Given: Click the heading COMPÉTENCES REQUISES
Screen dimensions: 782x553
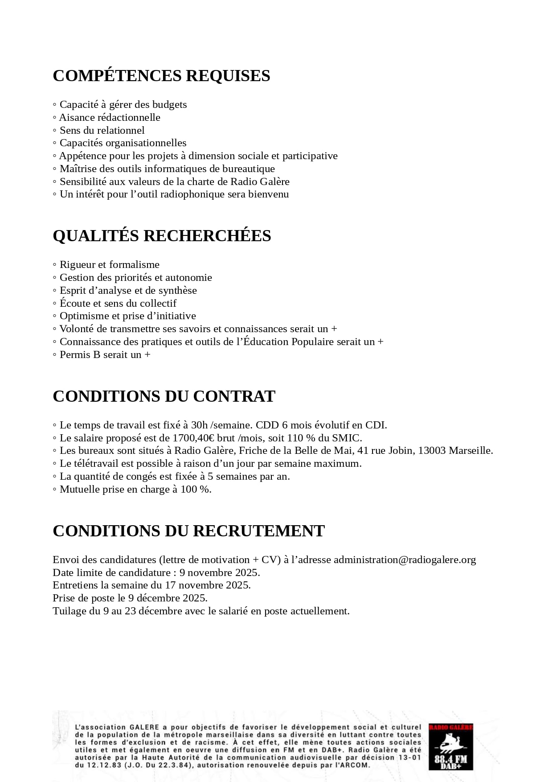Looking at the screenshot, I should coord(161,76).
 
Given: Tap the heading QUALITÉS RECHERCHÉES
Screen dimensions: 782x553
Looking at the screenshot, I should coord(162,236).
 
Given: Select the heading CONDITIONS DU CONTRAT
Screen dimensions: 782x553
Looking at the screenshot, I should coord(164,396).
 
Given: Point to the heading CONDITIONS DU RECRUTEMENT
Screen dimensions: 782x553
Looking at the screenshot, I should coord(188,531).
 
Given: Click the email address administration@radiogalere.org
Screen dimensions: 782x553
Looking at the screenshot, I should coord(405,560).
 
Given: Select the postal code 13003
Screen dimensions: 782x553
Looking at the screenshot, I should coord(432,451).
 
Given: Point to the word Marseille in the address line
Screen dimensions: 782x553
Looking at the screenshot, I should coord(470,451).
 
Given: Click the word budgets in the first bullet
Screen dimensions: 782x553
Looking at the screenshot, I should coord(169,105).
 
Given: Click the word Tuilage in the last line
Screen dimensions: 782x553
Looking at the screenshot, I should coord(69,611).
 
